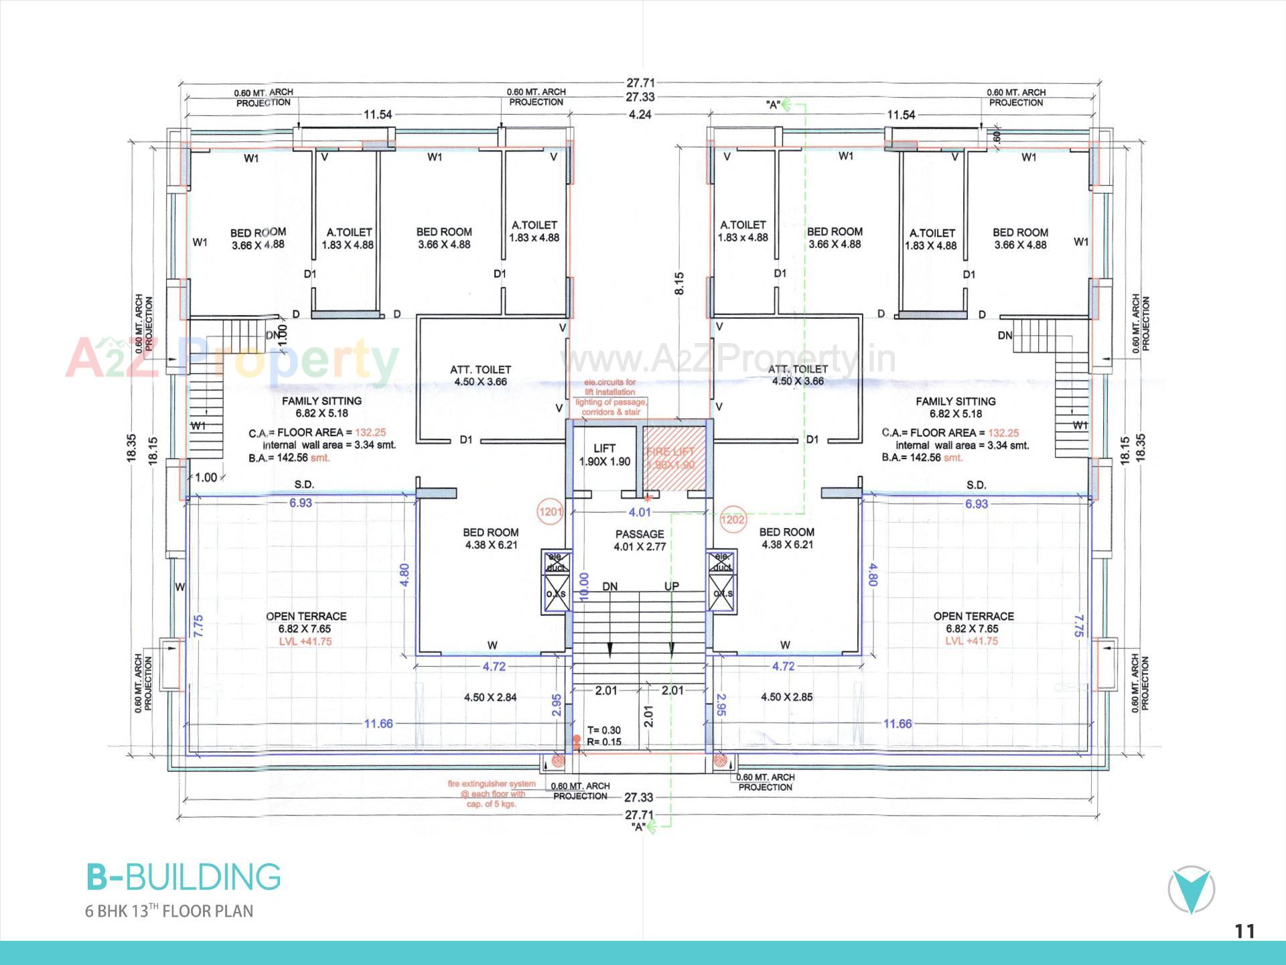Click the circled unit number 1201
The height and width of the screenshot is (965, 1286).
click(x=550, y=512)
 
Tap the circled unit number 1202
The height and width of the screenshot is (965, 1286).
click(x=732, y=519)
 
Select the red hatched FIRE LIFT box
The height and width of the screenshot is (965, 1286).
click(x=672, y=458)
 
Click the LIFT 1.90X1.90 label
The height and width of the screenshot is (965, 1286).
click(x=604, y=455)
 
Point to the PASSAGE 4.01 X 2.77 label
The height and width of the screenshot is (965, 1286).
click(x=640, y=540)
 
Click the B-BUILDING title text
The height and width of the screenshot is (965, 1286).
click(x=184, y=877)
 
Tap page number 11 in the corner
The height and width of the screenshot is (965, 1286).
click(x=1244, y=931)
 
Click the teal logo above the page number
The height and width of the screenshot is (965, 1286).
click(x=1191, y=891)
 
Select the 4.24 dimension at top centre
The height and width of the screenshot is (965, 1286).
click(x=640, y=115)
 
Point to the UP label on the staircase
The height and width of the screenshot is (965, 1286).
click(x=671, y=586)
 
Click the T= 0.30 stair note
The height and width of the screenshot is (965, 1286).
click(x=603, y=730)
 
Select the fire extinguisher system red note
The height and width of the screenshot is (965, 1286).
click(x=492, y=793)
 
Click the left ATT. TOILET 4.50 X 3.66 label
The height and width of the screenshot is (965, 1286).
click(x=480, y=375)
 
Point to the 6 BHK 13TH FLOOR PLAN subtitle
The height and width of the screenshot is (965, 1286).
click(x=169, y=911)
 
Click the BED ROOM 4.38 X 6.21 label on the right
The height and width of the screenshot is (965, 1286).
click(x=787, y=538)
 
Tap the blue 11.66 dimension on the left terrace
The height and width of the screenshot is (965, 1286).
click(x=378, y=724)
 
